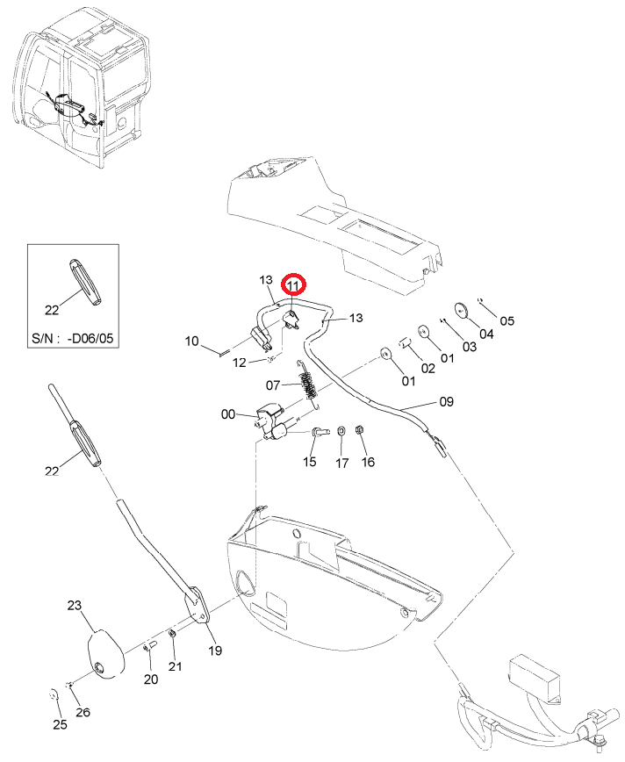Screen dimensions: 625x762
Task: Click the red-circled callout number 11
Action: pos(293,286)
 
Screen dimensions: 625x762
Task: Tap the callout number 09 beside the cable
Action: pos(446,401)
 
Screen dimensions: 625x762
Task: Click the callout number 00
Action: pos(228,414)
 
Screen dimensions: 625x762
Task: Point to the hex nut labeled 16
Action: pos(360,429)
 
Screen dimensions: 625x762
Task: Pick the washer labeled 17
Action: pos(341,430)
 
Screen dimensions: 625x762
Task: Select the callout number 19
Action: pos(215,651)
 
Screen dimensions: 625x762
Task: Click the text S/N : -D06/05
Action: pos(72,338)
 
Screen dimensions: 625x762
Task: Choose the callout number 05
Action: pos(506,320)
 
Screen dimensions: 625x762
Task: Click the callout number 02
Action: pos(427,368)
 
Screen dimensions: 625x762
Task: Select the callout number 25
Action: pos(60,724)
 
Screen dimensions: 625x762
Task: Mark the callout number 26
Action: pos(83,713)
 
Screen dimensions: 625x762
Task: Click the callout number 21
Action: pos(175,666)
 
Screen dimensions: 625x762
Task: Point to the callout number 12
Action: pos(240,363)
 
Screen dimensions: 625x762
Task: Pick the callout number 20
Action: pos(151,679)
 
